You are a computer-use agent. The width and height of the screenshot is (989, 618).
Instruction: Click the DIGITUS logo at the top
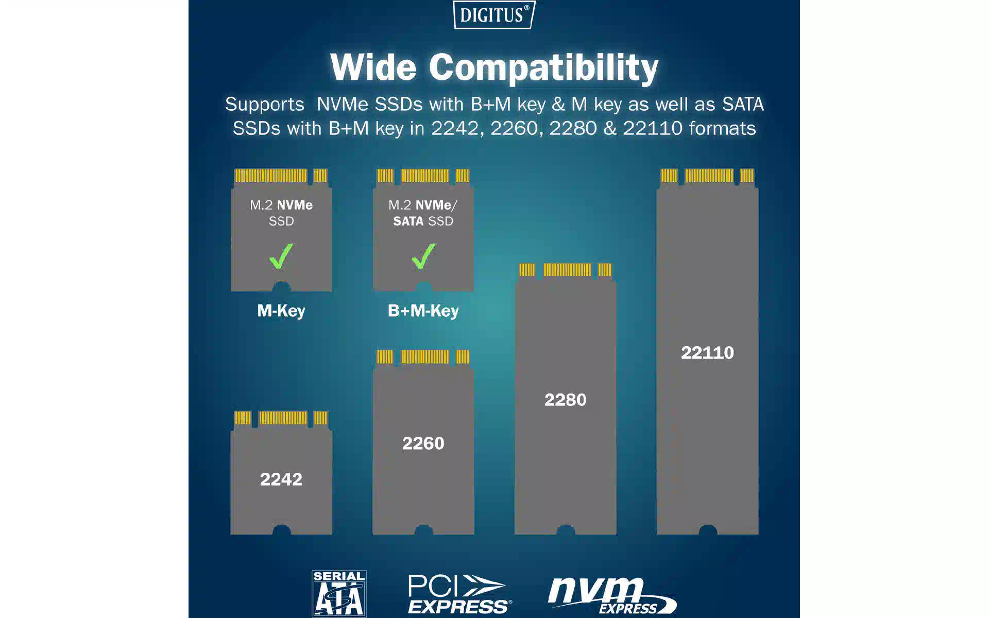click(x=493, y=14)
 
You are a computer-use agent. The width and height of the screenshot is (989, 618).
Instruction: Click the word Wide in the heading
click(x=373, y=67)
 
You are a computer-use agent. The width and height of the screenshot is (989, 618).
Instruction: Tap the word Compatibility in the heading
click(x=543, y=68)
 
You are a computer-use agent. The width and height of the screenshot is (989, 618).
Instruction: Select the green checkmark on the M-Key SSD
click(x=281, y=256)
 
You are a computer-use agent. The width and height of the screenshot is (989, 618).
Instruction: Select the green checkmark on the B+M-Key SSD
click(x=423, y=256)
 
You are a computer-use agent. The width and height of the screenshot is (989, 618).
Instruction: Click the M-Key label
click(x=281, y=311)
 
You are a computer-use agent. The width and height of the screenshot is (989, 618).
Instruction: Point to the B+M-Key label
click(x=423, y=311)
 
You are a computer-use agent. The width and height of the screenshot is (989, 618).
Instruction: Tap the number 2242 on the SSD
click(x=281, y=479)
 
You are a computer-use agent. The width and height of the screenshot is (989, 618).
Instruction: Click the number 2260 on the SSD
click(x=423, y=443)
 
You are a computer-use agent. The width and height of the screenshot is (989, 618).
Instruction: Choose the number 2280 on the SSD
click(x=565, y=400)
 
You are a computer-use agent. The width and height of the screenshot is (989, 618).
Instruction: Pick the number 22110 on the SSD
click(x=707, y=353)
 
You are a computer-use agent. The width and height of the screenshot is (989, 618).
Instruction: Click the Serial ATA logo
click(x=339, y=593)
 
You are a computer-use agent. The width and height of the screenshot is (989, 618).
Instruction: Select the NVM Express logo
click(x=612, y=595)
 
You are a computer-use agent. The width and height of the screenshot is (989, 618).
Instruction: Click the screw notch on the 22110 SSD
click(x=708, y=530)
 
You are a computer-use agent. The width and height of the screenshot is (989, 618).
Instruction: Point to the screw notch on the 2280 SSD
click(x=566, y=530)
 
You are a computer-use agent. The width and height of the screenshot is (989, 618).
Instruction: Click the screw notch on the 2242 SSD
click(x=281, y=530)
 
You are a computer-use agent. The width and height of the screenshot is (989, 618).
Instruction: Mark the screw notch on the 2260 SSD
click(x=423, y=530)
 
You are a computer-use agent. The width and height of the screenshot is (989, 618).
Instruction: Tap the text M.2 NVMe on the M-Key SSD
click(x=281, y=205)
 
